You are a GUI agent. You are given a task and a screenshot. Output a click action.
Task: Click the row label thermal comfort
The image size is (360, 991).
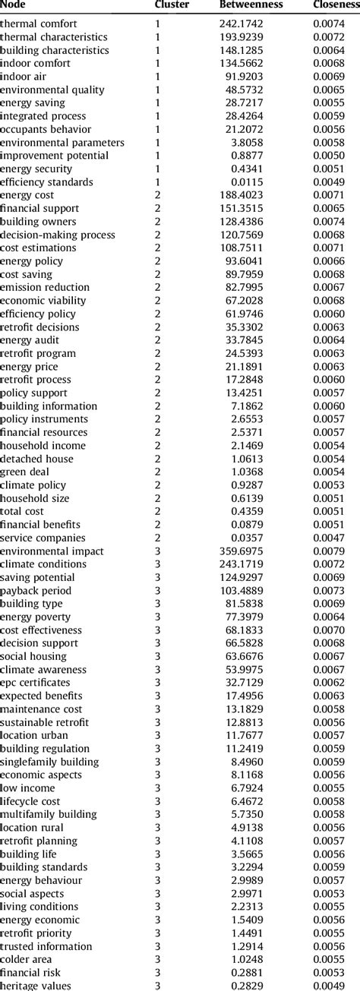(x=34, y=24)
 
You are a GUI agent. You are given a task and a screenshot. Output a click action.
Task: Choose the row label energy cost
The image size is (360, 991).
(x=27, y=195)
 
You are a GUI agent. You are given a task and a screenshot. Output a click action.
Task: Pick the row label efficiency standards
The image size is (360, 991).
(x=47, y=182)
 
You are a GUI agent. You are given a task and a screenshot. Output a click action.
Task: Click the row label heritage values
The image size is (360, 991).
(x=36, y=986)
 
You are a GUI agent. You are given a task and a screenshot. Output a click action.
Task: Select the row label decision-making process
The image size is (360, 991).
(x=58, y=235)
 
